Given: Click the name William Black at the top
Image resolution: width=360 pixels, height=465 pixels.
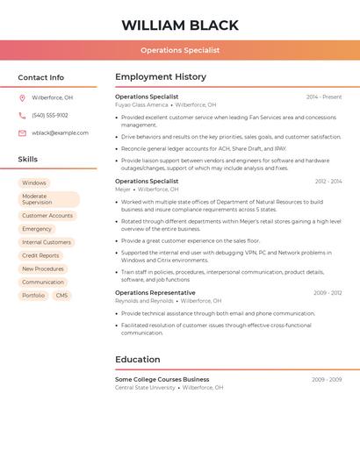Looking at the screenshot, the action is coord(180,25).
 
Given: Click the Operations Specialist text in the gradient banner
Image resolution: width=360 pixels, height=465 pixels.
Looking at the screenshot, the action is coord(180,51).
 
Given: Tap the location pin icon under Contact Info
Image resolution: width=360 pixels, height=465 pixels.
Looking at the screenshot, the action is coord(22,97).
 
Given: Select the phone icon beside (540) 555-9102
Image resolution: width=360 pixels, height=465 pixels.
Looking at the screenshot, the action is coord(22,115).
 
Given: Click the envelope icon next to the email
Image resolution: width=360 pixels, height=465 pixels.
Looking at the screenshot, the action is coord(22,133).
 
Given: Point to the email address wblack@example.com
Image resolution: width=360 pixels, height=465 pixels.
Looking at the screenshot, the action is coord(60,133).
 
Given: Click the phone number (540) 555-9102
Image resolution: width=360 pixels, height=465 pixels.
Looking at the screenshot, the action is coord(50,115).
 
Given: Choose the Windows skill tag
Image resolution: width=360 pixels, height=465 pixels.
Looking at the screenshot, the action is coord(34,183).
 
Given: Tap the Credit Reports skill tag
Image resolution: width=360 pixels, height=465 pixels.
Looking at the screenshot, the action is coord(40,255).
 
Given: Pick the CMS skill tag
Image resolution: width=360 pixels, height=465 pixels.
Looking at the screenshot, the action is coord(61,296).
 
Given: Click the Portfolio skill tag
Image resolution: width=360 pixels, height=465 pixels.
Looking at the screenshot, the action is coord(33,296).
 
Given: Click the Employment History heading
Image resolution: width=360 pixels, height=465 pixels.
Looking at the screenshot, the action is coord(161,77).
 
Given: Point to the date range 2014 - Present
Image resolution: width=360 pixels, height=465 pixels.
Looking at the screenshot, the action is coord(324,97).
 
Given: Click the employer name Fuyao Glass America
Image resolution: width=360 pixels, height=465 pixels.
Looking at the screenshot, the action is coord(141,104).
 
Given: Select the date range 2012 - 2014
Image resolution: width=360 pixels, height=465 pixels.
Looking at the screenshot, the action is coord(328,182).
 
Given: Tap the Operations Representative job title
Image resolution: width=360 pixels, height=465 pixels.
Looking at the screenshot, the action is coord(155,293).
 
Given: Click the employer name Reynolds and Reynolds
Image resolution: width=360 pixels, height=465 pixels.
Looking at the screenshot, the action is coord(144,300).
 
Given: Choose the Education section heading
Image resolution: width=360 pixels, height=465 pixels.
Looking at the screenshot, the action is coord(137,360).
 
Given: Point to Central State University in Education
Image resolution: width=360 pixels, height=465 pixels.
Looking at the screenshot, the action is coord(145,387).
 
